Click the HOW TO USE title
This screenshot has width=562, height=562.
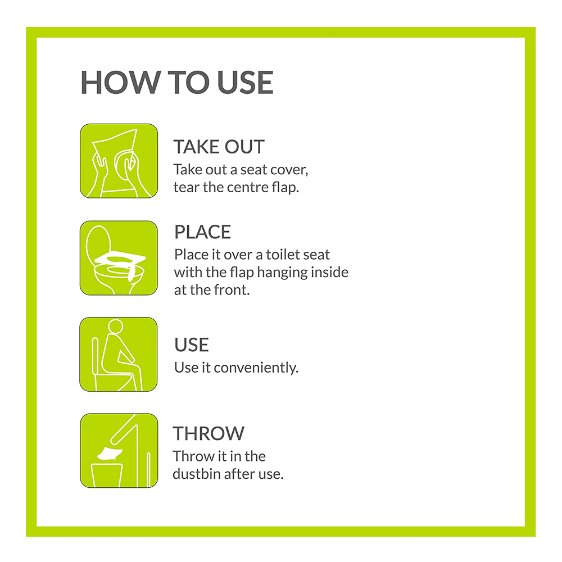tap(176, 82)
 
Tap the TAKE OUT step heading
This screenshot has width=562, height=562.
tap(219, 147)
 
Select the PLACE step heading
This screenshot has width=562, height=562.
tap(202, 232)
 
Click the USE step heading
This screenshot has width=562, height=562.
tap(192, 345)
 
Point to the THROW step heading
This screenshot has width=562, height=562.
tap(209, 433)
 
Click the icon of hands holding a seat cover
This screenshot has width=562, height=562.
tap(119, 161)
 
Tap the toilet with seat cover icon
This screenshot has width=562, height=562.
tap(119, 258)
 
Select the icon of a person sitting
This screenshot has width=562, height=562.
tap(119, 354)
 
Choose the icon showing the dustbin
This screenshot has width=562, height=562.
tap(119, 451)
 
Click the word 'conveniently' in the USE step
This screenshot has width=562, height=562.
tap(256, 368)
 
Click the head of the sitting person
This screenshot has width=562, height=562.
tap(115, 327)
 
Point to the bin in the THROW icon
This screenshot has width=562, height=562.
tap(107, 475)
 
